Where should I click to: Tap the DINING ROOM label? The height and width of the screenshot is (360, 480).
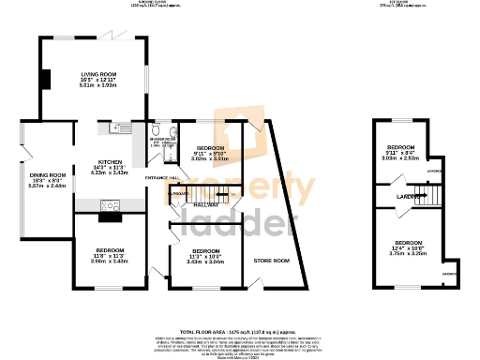tap(47, 174)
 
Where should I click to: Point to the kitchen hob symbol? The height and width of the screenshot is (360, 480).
tap(108, 204)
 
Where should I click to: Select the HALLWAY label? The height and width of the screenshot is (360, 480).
tap(206, 205)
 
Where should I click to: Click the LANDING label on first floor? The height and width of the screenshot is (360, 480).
tap(405, 196)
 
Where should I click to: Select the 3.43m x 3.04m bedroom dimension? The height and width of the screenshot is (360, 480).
tap(206, 262)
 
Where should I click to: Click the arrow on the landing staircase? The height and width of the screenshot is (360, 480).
tap(424, 195)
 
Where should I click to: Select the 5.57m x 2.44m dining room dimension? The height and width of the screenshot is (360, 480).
tap(47, 186)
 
